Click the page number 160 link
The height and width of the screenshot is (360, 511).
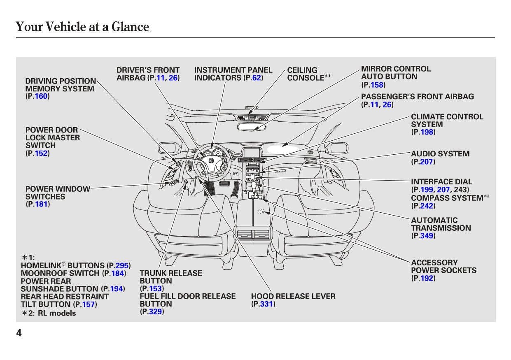[x=41, y=96]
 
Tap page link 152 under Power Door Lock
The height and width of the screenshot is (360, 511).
[x=41, y=153]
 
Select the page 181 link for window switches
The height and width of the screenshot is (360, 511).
[x=41, y=204]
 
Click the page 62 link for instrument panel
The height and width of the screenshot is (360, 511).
[x=257, y=78]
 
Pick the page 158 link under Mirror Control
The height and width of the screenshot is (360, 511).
[x=377, y=85]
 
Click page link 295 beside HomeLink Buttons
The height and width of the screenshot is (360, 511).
[x=122, y=265]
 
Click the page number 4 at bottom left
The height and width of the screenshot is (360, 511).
[x=19, y=333]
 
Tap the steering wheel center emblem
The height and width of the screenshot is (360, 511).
[x=211, y=162]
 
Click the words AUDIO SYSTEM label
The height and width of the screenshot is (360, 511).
[x=440, y=154]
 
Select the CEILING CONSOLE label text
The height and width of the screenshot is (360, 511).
[x=305, y=74]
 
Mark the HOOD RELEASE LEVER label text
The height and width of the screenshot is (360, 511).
[x=293, y=296]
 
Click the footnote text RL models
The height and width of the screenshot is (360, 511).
[x=60, y=313]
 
